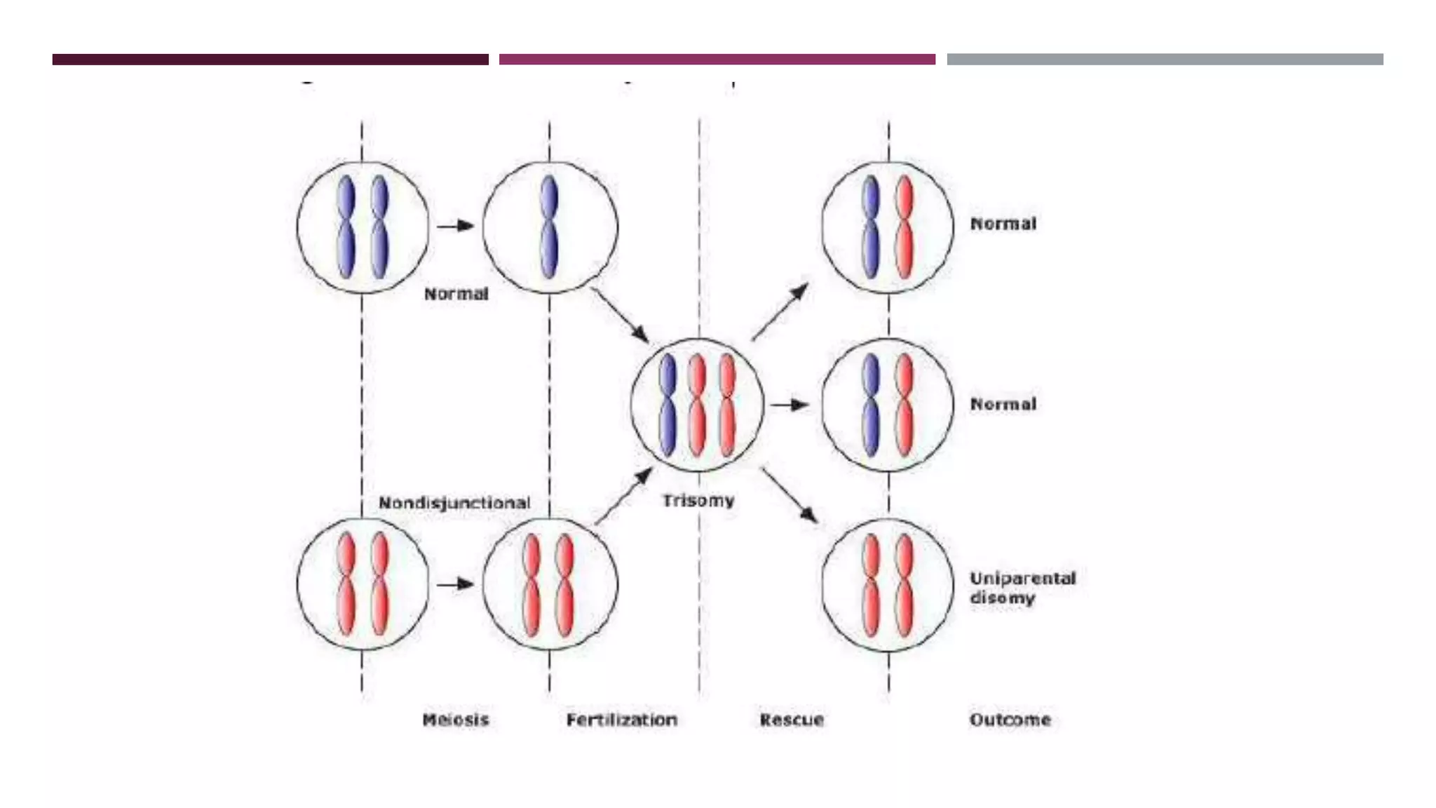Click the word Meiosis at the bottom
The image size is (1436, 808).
456,720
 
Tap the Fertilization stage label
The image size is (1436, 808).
622,720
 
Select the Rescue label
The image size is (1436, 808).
792,720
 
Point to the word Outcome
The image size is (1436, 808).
1010,720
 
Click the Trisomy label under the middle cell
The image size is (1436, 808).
698,501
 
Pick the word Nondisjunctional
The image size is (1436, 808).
454,503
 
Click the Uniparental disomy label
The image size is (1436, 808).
1022,588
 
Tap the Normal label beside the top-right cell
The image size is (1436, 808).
1003,224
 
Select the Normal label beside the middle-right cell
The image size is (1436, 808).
1003,404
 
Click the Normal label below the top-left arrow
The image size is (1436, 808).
456,294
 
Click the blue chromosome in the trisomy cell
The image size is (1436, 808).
668,404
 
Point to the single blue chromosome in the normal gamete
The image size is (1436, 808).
549,227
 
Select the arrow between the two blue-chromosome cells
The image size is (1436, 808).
456,226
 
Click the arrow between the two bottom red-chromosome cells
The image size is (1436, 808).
456,584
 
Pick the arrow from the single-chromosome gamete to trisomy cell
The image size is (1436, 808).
620,315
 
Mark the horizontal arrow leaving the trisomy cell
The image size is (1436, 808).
790,405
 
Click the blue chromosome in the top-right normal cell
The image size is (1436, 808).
871,227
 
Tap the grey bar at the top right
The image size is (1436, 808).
1165,60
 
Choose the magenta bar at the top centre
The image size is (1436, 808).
717,60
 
